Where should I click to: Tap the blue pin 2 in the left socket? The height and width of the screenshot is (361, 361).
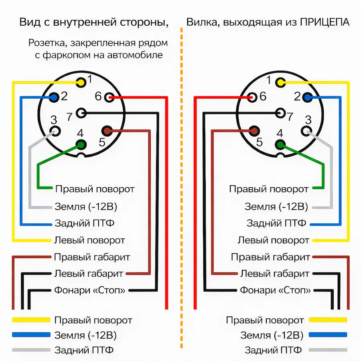click(x=54, y=97)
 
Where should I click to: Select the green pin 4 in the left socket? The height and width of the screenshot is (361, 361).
click(x=81, y=145)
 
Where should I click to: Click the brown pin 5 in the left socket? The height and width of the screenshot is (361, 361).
click(x=107, y=130)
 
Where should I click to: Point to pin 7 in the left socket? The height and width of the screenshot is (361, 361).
click(x=82, y=113)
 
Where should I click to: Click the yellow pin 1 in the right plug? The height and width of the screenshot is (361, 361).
click(x=280, y=83)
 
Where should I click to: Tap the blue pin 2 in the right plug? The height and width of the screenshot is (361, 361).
click(x=308, y=97)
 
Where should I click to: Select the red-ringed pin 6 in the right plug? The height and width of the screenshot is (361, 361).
click(x=253, y=97)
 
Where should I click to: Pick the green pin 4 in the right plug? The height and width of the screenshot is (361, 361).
click(x=280, y=145)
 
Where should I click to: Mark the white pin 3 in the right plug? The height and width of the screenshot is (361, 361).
click(x=307, y=130)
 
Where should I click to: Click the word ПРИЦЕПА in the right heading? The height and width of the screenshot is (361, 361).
click(x=324, y=22)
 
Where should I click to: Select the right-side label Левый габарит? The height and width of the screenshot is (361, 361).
click(x=275, y=274)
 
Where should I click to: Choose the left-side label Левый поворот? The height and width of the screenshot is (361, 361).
click(x=89, y=240)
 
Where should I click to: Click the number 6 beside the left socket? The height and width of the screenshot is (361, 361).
click(x=98, y=96)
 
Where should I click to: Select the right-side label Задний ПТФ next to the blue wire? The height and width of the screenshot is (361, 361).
click(x=276, y=223)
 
